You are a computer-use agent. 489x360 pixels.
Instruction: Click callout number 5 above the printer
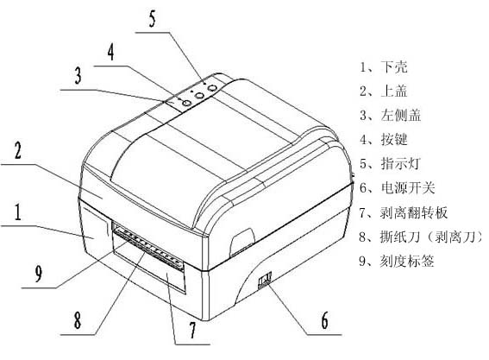152,18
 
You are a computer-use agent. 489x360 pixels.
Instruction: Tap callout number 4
111,52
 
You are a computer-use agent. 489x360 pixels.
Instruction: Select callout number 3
78,75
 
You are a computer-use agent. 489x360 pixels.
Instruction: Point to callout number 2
18,150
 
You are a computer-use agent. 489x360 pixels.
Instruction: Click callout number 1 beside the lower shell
18,212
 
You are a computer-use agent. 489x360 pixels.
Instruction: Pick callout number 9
39,274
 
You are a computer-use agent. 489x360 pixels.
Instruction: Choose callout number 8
78,320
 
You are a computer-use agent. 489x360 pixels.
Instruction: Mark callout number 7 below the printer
192,330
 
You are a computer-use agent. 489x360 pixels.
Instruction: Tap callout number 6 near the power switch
325,320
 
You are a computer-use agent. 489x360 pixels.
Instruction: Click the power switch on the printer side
265,279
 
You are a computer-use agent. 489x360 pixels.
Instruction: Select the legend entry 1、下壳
384,66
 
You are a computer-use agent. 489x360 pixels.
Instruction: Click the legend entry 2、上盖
384,91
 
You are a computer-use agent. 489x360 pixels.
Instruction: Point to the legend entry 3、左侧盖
390,115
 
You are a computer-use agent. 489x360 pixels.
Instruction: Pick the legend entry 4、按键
384,139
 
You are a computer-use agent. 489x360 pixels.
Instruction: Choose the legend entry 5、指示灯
390,163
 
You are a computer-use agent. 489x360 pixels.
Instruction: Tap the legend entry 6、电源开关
397,187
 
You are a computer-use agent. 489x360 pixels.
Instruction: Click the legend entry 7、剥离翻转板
404,212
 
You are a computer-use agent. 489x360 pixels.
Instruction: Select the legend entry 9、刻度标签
397,261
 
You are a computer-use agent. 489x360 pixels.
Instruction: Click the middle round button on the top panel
199,95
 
